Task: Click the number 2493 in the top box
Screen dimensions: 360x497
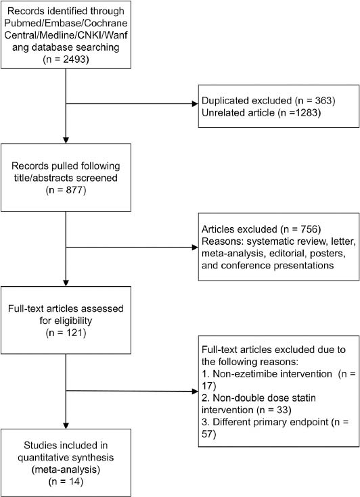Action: [74, 60]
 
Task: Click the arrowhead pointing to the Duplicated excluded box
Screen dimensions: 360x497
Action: [195, 103]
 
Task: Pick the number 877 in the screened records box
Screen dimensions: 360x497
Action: [74, 190]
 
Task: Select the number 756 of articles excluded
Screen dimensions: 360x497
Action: [309, 229]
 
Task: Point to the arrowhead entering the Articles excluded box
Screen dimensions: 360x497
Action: [195, 247]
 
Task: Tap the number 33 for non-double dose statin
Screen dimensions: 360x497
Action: [284, 410]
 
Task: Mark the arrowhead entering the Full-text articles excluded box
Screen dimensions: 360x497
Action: [195, 391]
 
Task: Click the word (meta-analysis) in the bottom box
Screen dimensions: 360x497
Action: [66, 469]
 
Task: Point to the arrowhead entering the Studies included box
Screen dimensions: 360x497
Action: [66, 426]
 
